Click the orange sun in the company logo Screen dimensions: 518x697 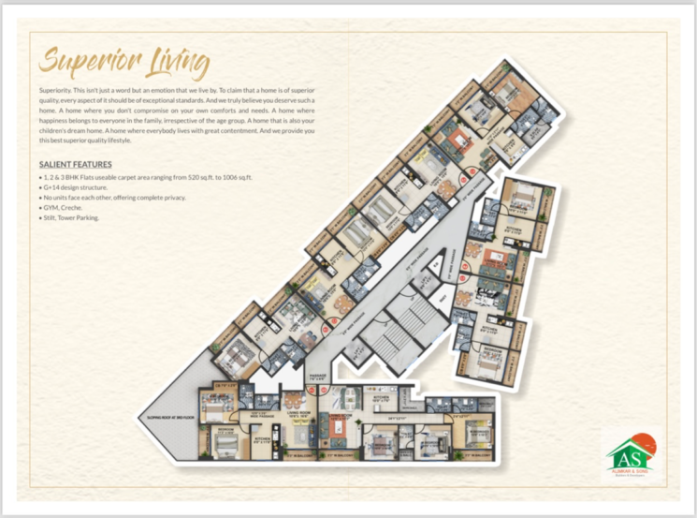644,442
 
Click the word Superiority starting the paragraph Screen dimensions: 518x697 58,86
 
